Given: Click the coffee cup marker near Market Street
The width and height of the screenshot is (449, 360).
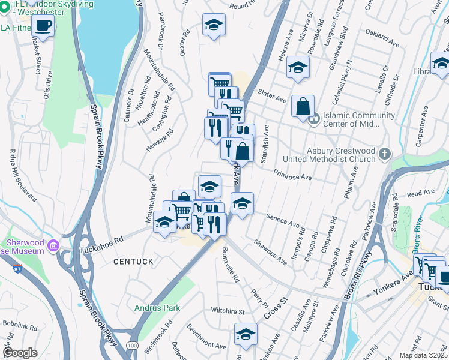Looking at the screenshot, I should [43, 25].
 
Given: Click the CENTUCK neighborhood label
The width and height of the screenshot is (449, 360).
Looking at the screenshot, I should [128, 262].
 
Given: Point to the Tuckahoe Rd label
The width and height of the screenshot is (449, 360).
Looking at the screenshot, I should [101, 239].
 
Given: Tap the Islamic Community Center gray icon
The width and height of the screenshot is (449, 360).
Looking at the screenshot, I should [313, 119].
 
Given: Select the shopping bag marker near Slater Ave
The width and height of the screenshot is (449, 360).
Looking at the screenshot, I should [303, 107].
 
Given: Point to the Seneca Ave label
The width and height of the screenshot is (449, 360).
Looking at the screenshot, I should [283, 221].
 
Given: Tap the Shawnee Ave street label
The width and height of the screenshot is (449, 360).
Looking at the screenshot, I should [270, 251].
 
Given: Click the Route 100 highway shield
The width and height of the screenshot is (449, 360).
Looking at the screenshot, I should [131, 346].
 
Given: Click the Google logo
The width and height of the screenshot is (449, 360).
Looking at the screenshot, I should [20, 353].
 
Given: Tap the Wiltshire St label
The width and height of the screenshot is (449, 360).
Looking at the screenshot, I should [228, 311].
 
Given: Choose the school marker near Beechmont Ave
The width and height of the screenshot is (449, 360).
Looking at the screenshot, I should [245, 333].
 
